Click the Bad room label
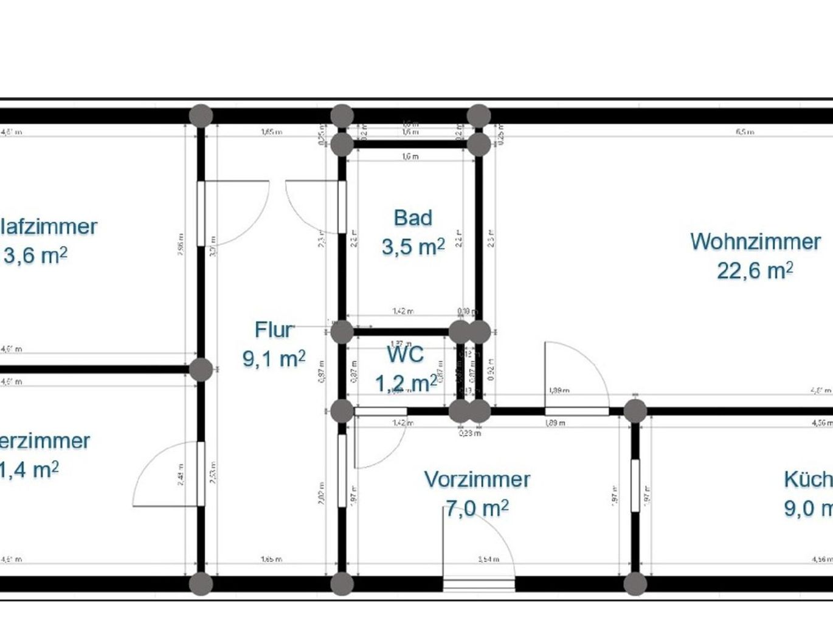[x=413, y=218]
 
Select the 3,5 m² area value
[x=413, y=247]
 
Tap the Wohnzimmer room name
[x=755, y=241]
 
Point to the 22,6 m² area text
[x=755, y=270]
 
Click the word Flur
[x=274, y=330]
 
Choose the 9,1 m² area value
[x=274, y=358]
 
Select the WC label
[x=405, y=354]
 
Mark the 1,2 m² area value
[x=405, y=383]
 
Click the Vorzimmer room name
[x=477, y=479]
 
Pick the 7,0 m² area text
[x=477, y=508]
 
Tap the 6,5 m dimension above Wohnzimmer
[x=745, y=131]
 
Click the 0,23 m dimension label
[x=469, y=433]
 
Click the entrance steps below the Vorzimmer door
[x=479, y=584]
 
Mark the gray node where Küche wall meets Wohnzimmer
[x=635, y=411]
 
